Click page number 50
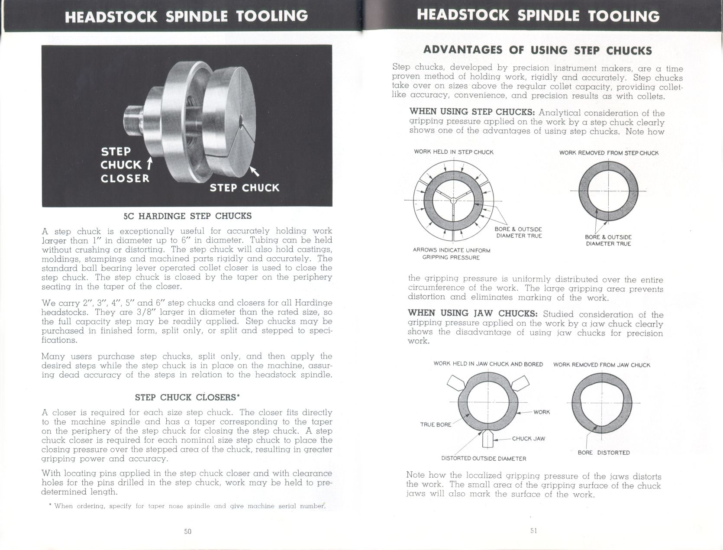point(187,531)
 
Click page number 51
point(534,531)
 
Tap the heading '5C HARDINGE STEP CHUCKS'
point(187,216)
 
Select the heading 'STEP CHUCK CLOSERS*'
point(187,397)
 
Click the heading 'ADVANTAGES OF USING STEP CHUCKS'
point(537,50)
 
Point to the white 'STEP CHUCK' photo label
point(245,188)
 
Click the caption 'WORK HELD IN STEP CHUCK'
point(453,152)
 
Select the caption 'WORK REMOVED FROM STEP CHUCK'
point(608,153)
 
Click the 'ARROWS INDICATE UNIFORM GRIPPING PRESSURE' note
point(451,254)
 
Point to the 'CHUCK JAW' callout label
point(528,439)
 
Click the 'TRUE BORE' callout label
point(435,424)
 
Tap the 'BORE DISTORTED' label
point(604,453)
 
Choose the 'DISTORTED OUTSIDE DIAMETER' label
point(484,458)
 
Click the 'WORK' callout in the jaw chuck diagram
point(542,412)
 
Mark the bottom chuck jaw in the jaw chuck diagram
point(487,438)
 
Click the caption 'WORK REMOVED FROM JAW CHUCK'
point(601,365)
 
